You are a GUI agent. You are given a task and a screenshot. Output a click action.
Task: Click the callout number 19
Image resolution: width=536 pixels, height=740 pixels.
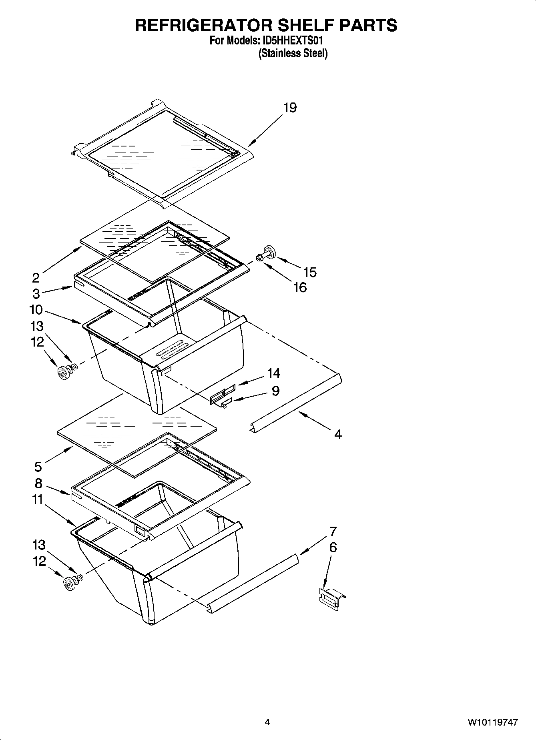pyautogui.click(x=290, y=108)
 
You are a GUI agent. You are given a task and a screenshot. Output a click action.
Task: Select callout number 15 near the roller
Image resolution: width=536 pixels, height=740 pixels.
pyautogui.click(x=310, y=272)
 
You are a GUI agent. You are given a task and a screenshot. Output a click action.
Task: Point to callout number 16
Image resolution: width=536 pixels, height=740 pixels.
pyautogui.click(x=300, y=287)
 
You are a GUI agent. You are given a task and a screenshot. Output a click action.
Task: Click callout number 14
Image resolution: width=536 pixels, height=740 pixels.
pyautogui.click(x=274, y=373)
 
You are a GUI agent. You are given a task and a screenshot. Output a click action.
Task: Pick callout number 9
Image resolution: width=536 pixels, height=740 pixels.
pyautogui.click(x=275, y=391)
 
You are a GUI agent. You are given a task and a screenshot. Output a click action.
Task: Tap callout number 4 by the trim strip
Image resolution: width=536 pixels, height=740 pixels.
pyautogui.click(x=338, y=434)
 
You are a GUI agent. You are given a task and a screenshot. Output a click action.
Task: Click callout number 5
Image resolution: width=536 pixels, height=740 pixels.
pyautogui.click(x=38, y=466)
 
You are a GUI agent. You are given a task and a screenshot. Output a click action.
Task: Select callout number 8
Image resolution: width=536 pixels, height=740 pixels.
pyautogui.click(x=38, y=483)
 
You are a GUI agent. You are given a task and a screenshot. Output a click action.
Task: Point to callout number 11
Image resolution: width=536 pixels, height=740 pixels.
pyautogui.click(x=38, y=499)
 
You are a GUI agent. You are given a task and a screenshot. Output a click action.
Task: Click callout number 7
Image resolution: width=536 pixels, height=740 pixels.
pyautogui.click(x=333, y=531)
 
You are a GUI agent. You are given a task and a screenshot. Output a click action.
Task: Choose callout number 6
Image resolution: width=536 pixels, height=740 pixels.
pyautogui.click(x=333, y=547)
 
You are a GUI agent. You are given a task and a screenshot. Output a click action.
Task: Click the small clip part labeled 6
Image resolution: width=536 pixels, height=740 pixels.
pyautogui.click(x=331, y=599)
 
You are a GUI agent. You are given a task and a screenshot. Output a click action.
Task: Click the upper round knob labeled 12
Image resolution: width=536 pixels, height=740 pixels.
pyautogui.click(x=62, y=374)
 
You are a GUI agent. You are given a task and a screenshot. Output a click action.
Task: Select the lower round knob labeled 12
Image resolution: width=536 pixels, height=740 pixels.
pyautogui.click(x=70, y=584)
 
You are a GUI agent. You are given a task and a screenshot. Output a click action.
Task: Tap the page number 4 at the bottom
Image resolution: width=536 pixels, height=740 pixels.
pyautogui.click(x=267, y=722)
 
